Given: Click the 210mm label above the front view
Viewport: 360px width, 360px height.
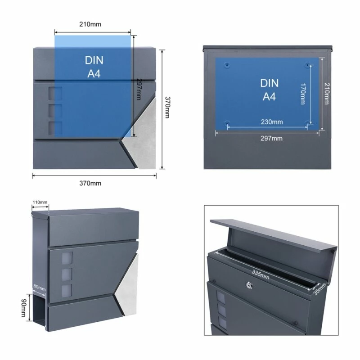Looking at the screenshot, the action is (x=90, y=24).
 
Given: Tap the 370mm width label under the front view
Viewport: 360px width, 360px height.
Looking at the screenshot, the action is (x=90, y=183).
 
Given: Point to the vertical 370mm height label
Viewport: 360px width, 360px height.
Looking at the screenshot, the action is (x=167, y=107).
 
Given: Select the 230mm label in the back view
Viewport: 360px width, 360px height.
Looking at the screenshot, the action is (x=272, y=121).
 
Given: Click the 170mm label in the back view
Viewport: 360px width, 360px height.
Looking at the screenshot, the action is (x=303, y=94).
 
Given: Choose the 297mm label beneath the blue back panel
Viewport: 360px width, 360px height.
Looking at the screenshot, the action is (x=272, y=138).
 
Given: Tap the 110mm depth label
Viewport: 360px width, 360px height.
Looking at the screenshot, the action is (x=40, y=202).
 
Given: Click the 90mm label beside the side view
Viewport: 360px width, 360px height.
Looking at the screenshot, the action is (x=24, y=308).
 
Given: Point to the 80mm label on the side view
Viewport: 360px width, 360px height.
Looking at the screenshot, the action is (x=40, y=288).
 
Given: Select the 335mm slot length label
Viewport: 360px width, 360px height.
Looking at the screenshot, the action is (x=261, y=274).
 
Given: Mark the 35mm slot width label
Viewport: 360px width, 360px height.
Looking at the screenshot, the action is (x=319, y=289).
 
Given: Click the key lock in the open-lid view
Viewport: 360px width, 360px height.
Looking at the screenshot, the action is (x=249, y=285).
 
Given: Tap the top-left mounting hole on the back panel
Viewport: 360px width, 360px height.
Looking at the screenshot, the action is (x=227, y=65).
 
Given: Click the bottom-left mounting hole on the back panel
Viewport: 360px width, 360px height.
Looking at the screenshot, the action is (x=227, y=123).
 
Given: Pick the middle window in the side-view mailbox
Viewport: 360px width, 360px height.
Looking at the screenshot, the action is (x=67, y=274).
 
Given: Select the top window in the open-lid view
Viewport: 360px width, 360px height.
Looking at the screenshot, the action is (x=221, y=297).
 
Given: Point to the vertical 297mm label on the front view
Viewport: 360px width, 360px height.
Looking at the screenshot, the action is (x=139, y=89).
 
